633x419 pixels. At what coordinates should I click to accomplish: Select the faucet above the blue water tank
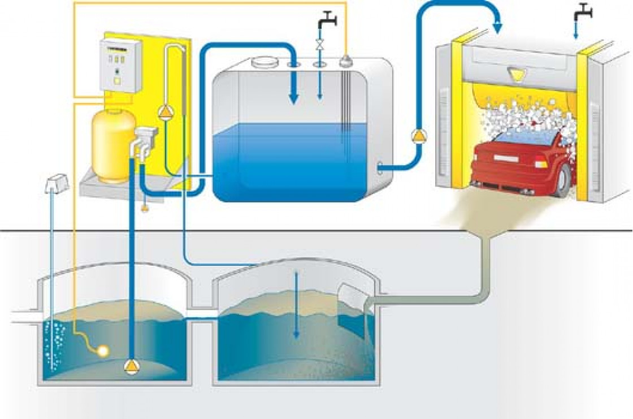click(326, 21)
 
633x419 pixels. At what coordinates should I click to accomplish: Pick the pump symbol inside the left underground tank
click(131, 367)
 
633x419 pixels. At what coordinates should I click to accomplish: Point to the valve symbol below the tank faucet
click(320, 44)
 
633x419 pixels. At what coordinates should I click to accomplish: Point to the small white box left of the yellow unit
click(57, 182)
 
